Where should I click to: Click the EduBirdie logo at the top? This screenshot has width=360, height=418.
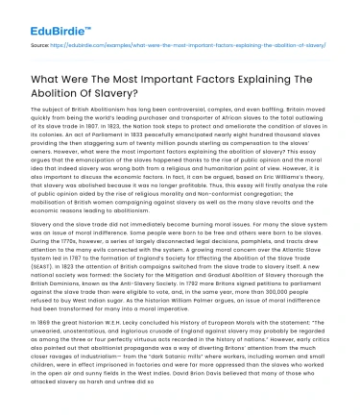36,17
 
